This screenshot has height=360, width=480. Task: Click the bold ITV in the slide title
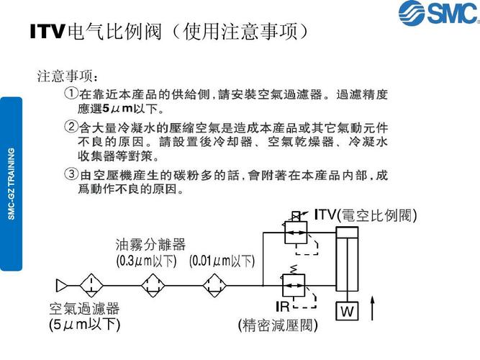[47, 32]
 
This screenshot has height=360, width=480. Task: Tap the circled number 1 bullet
[71, 93]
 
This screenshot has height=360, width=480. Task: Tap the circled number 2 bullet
[71, 126]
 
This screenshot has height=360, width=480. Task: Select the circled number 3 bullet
[71, 174]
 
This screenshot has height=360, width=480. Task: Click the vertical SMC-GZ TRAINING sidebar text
[12, 184]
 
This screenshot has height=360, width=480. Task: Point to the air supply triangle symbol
[62, 286]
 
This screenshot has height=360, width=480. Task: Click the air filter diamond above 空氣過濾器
[91, 286]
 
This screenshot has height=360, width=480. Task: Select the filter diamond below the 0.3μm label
[153, 286]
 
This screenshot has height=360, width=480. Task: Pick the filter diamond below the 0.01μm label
[214, 286]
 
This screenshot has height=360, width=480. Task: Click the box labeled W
[347, 311]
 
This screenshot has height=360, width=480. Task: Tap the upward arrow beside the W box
[372, 308]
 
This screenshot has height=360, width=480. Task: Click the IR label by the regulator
[282, 307]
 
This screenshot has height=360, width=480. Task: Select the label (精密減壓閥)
[278, 325]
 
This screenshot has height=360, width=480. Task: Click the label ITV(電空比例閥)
[366, 215]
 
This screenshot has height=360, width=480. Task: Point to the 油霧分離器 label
[150, 245]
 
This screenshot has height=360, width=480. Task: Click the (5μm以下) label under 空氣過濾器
[84, 325]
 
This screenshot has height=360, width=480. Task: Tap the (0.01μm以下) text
[222, 261]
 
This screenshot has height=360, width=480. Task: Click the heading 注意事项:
[68, 76]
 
